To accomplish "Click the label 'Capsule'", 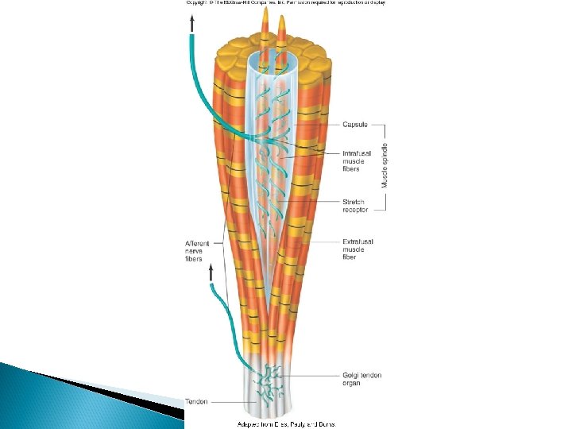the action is pyautogui.click(x=355, y=124).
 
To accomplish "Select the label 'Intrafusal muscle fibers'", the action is pyautogui.click(x=354, y=161).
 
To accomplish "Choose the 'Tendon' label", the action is pyautogui.click(x=196, y=401).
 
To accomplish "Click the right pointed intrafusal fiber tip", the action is pyautogui.click(x=281, y=24).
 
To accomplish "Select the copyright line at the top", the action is pyautogui.click(x=285, y=3).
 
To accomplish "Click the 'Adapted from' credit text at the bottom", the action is pyautogui.click(x=287, y=424).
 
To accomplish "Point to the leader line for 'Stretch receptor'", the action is pyautogui.click(x=318, y=203).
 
